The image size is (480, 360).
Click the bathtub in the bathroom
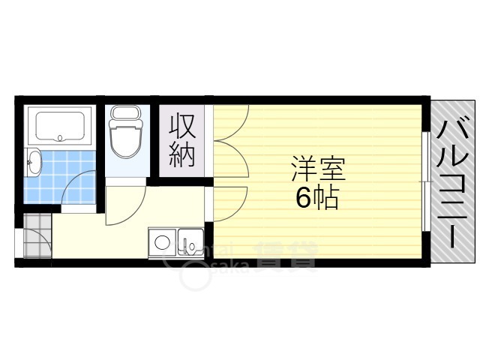click(x=58, y=126)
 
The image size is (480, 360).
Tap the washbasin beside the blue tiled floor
click(x=33, y=162)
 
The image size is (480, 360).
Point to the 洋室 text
click(x=317, y=169)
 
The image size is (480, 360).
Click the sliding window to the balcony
click(x=426, y=180)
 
